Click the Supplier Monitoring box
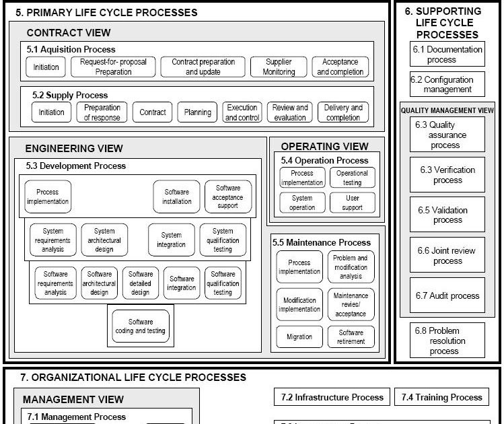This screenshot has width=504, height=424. click(279, 67)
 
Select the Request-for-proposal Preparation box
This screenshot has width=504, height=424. click(113, 67)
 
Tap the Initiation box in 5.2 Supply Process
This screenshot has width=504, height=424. click(51, 112)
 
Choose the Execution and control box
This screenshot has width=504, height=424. click(242, 112)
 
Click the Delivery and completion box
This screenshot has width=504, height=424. click(343, 112)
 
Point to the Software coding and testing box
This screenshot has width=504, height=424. click(141, 326)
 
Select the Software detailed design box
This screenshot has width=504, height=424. click(141, 283)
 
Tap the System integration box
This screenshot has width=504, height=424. click(172, 240)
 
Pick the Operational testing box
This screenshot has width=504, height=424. click(352, 178)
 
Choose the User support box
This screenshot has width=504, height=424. click(352, 203)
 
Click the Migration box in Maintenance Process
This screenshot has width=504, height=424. click(299, 337)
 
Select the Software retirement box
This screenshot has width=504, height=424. click(351, 337)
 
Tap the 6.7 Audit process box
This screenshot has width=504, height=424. click(447, 296)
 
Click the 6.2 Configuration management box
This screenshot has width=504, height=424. click(447, 84)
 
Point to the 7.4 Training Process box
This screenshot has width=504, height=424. click(441, 397)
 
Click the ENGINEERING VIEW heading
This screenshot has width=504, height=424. click(74, 148)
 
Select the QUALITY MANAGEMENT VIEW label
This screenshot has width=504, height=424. click(447, 110)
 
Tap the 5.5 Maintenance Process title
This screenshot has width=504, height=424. click(322, 242)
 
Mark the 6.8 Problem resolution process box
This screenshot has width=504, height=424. click(447, 341)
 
